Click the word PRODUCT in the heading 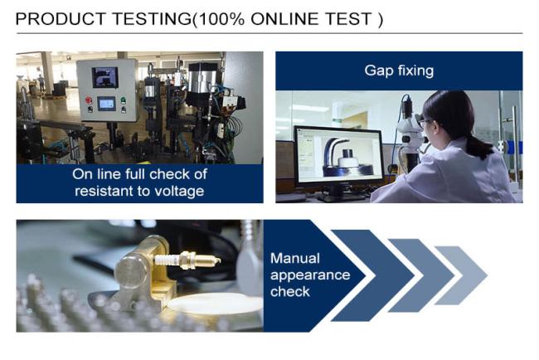click(61, 19)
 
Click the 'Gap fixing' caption click(399, 71)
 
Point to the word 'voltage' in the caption click(179, 191)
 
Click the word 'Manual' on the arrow click(295, 258)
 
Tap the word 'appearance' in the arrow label click(310, 275)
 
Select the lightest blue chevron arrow click(461, 275)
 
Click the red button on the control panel click(89, 100)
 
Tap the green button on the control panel click(123, 100)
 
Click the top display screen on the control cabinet click(104, 77)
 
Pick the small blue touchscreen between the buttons click(106, 103)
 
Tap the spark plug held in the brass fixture click(187, 260)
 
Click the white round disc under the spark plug click(216, 304)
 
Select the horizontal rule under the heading click(269, 33)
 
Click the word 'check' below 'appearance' click(289, 292)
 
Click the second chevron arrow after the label click(422, 275)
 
